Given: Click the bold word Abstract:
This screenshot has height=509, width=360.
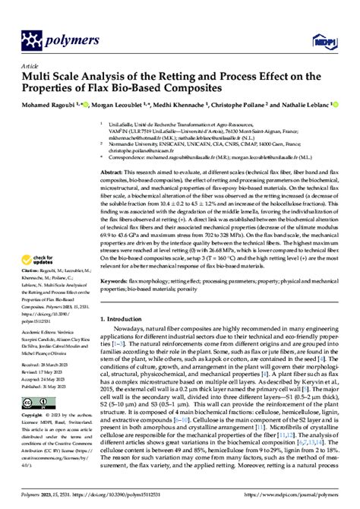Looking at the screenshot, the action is (115, 174).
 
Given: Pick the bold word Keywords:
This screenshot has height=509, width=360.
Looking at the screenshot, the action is (118, 302).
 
